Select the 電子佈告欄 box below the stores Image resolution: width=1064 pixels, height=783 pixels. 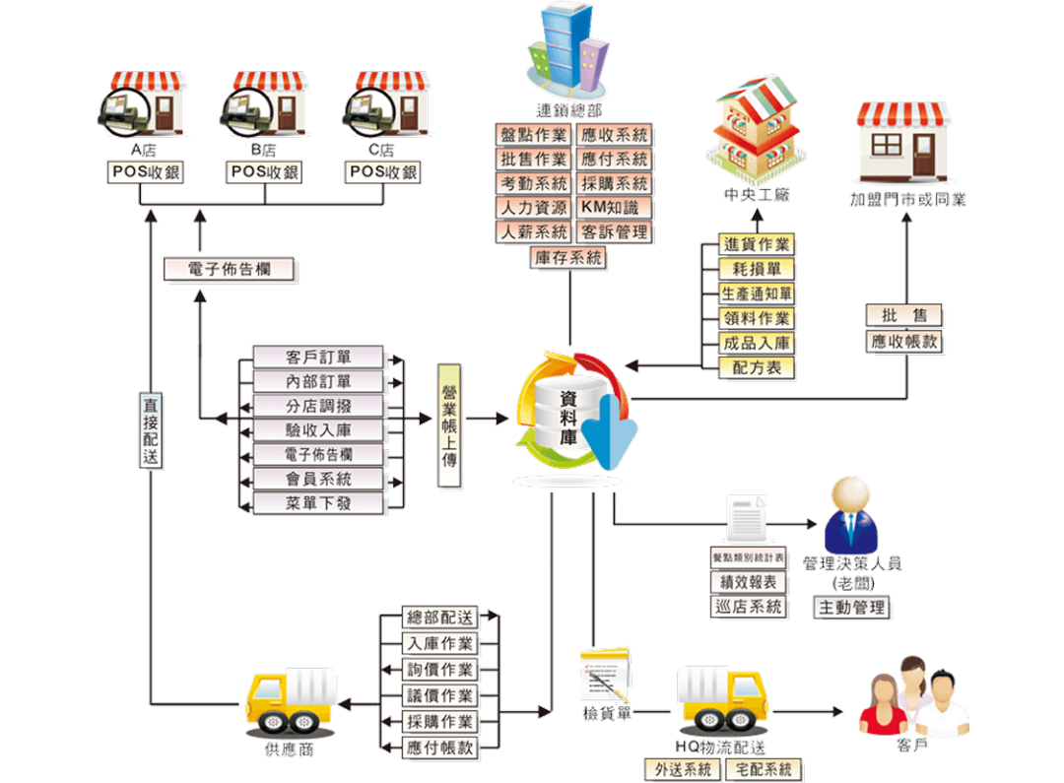230,269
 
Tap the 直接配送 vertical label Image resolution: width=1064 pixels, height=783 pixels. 151,431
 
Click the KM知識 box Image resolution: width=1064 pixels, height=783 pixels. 611,208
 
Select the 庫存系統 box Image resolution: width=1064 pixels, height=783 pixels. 568,258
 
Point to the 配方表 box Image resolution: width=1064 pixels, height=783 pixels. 758,368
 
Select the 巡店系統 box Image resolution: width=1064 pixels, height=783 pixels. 750,607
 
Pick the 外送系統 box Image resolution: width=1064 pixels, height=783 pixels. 683,769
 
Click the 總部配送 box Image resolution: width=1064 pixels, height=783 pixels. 440,619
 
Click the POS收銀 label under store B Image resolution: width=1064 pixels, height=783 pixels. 264,172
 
